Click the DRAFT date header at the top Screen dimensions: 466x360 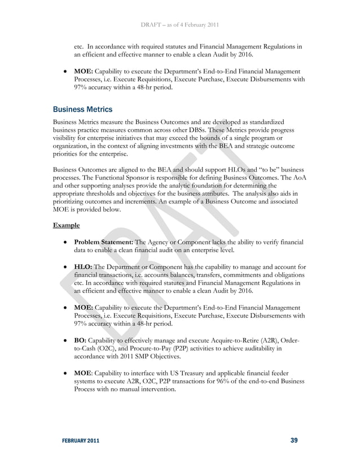click(x=180, y=24)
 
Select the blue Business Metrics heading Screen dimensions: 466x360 click(x=82, y=108)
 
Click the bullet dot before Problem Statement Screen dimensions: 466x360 click(x=66, y=242)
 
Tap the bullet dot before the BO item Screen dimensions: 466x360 click(x=66, y=341)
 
